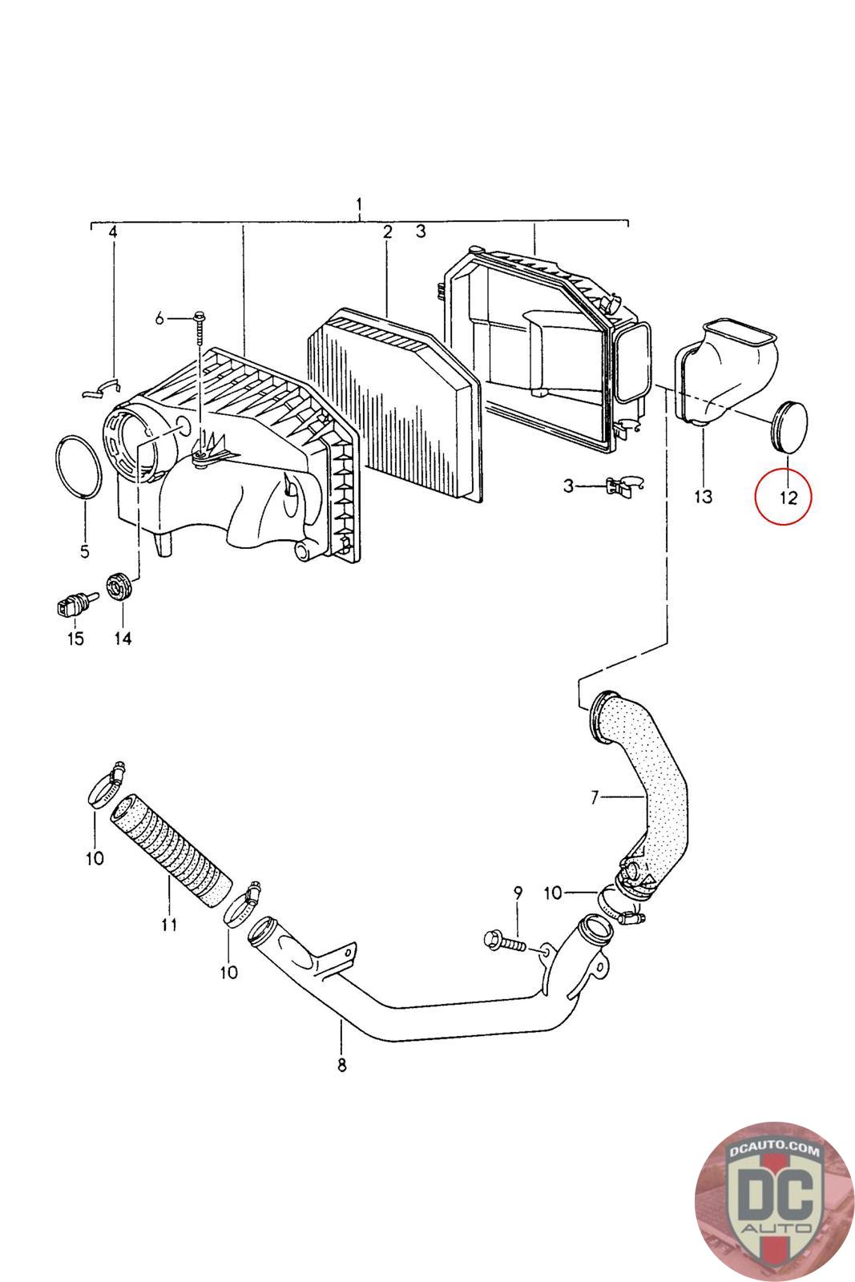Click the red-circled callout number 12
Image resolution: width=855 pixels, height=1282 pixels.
(x=788, y=497)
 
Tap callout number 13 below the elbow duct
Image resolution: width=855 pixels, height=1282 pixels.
(x=703, y=497)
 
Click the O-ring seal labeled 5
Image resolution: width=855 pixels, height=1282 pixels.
(x=79, y=469)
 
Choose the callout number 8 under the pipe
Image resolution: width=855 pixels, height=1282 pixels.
(x=341, y=1065)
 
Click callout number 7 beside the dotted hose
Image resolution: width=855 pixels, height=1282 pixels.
(x=595, y=797)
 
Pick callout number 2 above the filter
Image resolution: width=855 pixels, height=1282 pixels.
(x=387, y=232)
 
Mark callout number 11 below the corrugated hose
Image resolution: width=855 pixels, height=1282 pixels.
(x=168, y=925)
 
